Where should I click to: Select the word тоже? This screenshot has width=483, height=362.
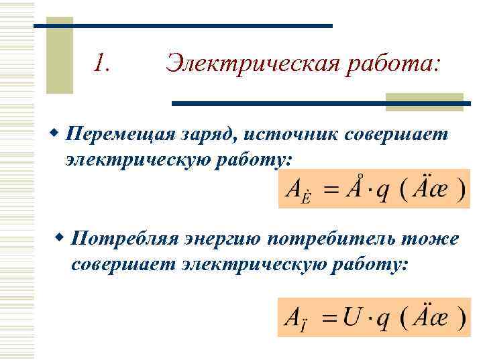[434, 239]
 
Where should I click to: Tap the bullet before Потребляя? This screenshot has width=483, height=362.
[60, 238]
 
